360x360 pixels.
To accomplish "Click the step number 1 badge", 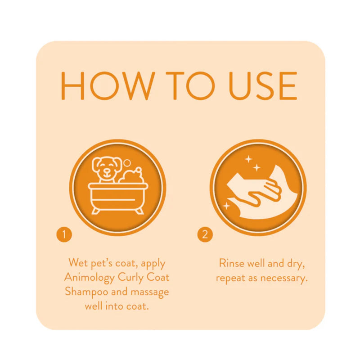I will coord(64,234).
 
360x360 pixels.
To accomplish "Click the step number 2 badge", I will coord(205,234).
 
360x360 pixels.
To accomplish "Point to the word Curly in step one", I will coord(131,277).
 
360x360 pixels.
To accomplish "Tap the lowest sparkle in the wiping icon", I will coord(226,206).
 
